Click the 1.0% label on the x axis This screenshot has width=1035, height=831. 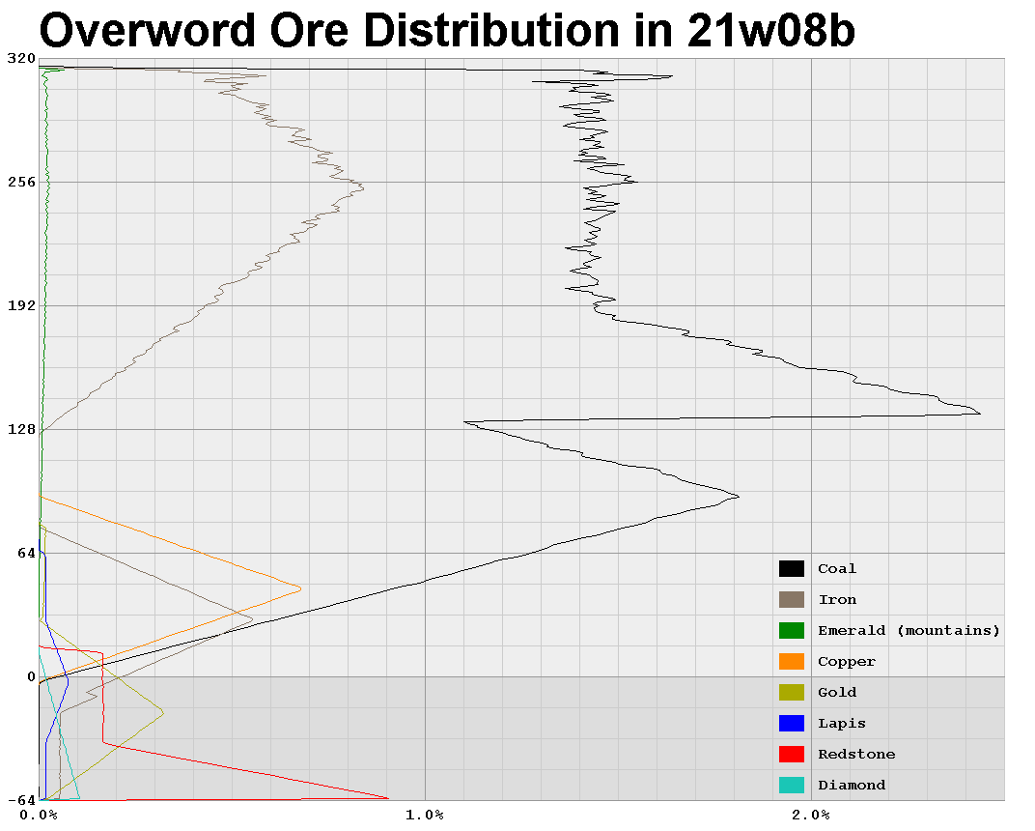pyautogui.click(x=425, y=815)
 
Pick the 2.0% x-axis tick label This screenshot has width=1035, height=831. pyautogui.click(x=811, y=815)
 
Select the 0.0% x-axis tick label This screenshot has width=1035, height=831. pyautogui.click(x=39, y=815)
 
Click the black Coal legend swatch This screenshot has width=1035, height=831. pyautogui.click(x=792, y=569)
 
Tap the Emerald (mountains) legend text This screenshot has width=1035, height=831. pyautogui.click(x=909, y=631)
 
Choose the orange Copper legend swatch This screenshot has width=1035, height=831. pyautogui.click(x=792, y=662)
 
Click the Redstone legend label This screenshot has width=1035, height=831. pyautogui.click(x=856, y=755)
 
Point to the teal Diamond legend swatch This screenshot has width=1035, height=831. pyautogui.click(x=792, y=786)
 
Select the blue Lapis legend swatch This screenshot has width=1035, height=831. pyautogui.click(x=792, y=724)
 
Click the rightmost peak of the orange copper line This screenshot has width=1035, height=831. pyautogui.click(x=300, y=588)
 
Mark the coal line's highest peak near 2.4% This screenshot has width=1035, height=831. pyautogui.click(x=980, y=414)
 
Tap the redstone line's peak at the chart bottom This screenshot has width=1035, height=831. pyautogui.click(x=388, y=798)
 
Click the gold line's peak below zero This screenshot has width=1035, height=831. pyautogui.click(x=163, y=713)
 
